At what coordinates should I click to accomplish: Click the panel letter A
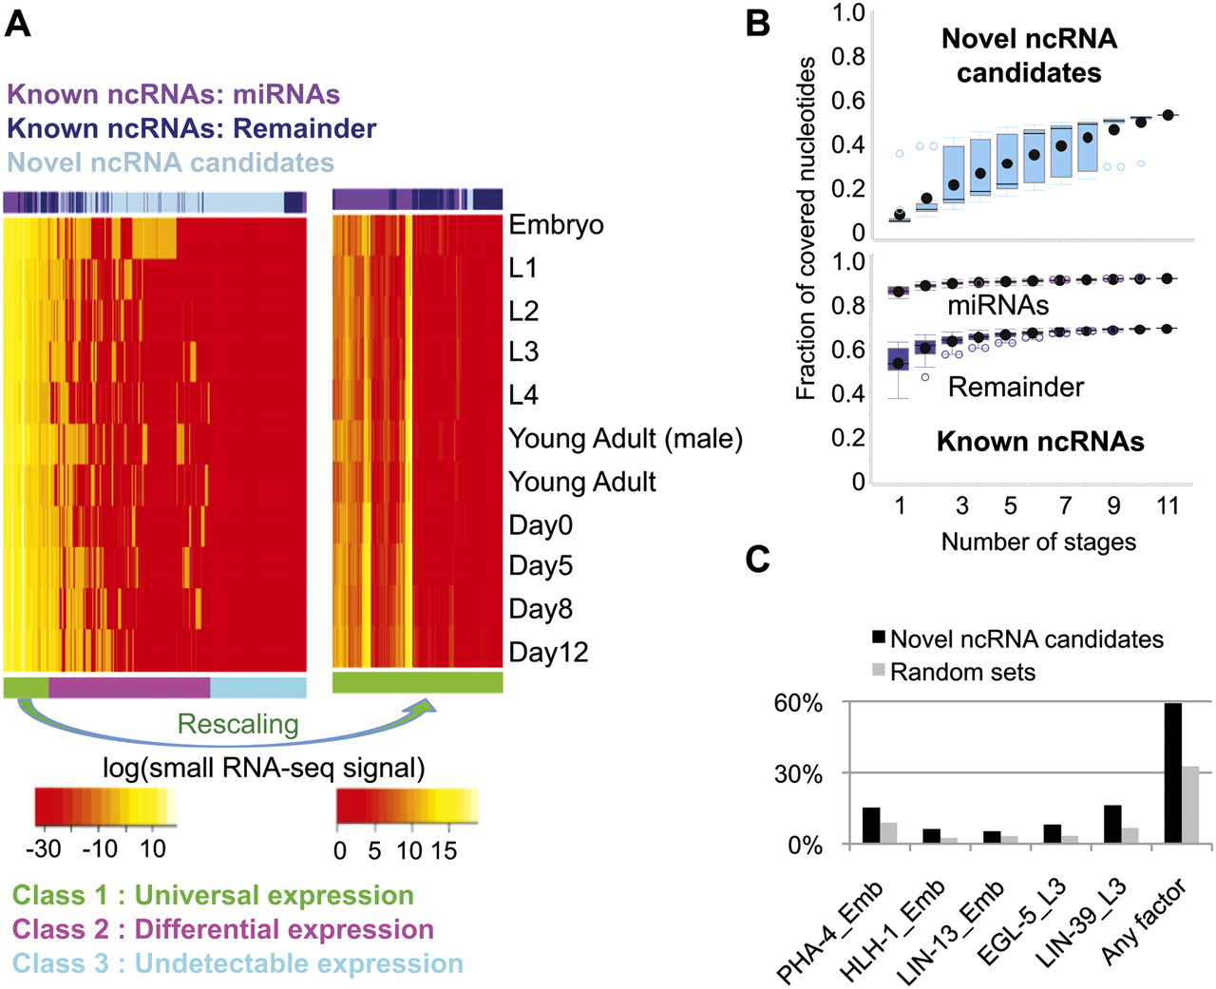[x=18, y=22]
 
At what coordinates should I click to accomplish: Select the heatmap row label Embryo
[x=556, y=225]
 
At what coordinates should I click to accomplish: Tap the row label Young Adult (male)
[x=625, y=439]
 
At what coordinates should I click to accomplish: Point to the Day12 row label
[x=548, y=653]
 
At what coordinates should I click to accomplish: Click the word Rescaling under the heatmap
[x=237, y=725]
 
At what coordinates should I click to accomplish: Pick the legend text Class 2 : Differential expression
[x=223, y=929]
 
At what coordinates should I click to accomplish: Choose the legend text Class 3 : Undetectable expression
[x=237, y=963]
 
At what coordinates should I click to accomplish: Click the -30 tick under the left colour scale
[x=47, y=848]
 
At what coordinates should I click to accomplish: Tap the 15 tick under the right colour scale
[x=444, y=850]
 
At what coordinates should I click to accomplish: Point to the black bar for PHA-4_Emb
[x=871, y=825]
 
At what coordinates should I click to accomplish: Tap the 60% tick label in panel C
[x=799, y=704]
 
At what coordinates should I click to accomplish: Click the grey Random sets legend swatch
[x=879, y=672]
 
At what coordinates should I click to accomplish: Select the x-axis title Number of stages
[x=1038, y=542]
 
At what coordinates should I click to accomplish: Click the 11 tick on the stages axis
[x=1168, y=505]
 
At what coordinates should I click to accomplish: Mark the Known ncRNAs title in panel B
[x=1040, y=442]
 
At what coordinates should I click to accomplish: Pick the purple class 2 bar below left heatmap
[x=128, y=687]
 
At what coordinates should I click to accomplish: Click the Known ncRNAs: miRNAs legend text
[x=173, y=94]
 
